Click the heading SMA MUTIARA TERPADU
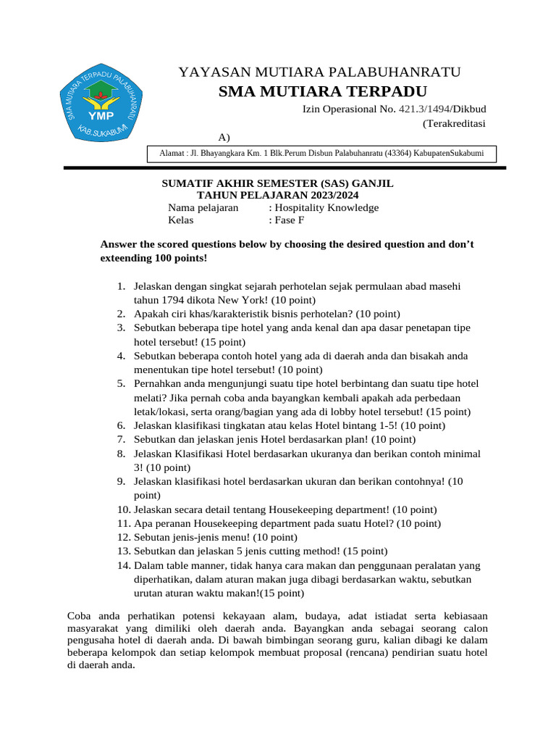(323, 91)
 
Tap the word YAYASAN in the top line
(211, 72)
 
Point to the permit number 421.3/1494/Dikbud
(442, 109)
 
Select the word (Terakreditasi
(454, 123)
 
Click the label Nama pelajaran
(203, 208)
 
